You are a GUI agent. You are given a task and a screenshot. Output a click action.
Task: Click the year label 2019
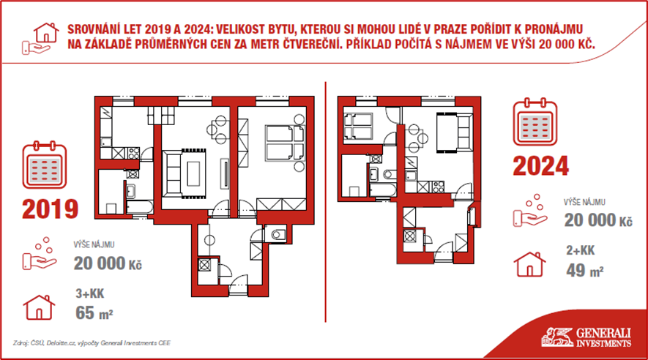[50, 209]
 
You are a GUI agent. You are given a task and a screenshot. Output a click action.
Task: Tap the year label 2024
[540, 166]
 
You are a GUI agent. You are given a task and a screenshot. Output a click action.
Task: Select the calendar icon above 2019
[44, 165]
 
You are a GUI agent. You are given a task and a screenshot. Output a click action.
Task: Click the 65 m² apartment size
[94, 313]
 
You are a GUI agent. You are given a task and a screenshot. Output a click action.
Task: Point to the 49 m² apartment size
[585, 271]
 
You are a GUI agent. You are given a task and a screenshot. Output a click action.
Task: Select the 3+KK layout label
[89, 293]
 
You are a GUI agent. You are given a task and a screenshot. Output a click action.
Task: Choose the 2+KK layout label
[580, 250]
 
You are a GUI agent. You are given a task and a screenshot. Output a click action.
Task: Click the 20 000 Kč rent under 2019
[108, 263]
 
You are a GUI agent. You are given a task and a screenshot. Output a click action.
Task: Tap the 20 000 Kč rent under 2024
[598, 220]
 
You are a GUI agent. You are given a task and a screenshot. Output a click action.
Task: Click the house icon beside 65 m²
[39, 307]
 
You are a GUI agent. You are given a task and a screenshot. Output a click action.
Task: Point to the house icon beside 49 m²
[529, 264]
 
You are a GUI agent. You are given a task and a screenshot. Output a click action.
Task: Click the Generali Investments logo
[586, 337]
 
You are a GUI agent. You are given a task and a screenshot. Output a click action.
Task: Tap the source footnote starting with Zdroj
[92, 342]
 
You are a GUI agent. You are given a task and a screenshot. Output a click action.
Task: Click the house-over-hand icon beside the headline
[40, 38]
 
